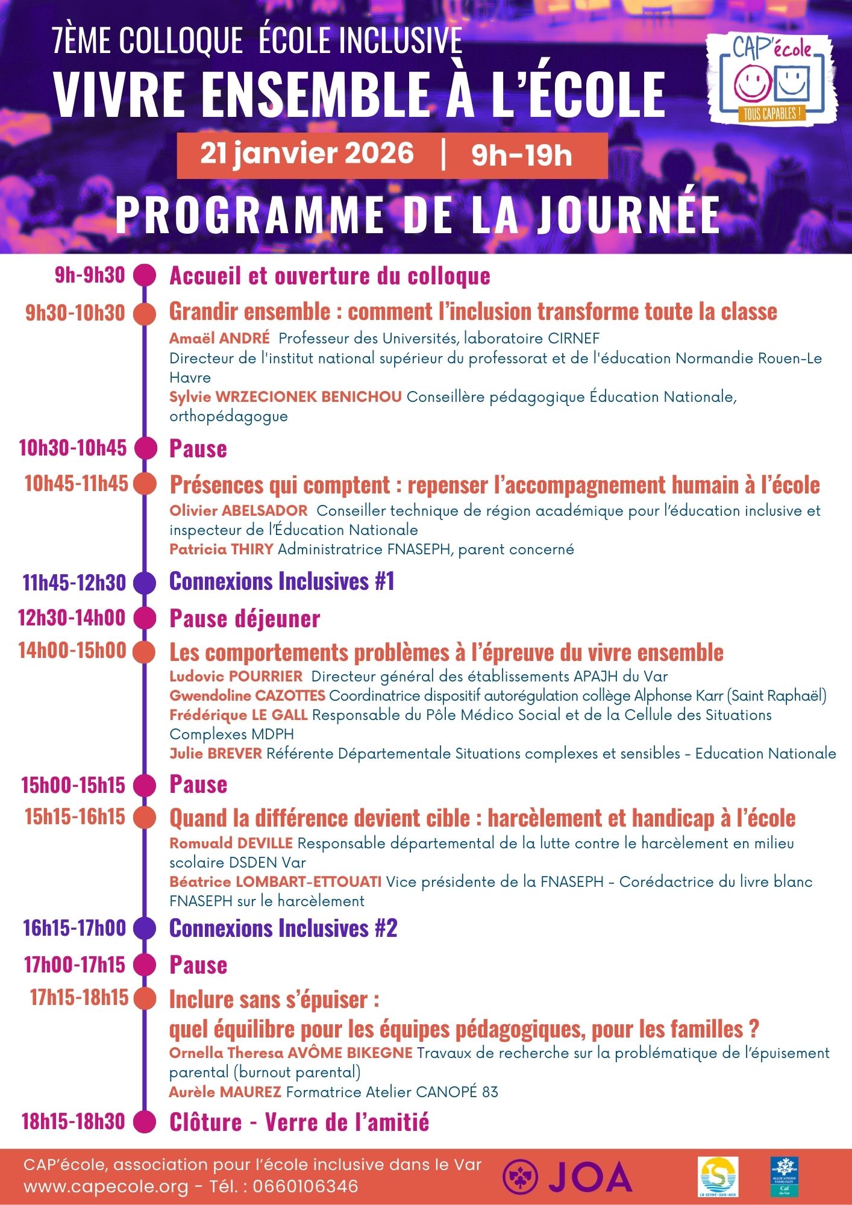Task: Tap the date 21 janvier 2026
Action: click(307, 154)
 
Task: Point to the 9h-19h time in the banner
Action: click(521, 155)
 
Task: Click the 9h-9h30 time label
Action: click(90, 275)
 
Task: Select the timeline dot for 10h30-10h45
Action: click(145, 448)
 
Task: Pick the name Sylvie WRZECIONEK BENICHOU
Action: click(285, 397)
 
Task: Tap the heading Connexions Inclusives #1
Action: click(281, 581)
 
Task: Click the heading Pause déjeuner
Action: click(245, 619)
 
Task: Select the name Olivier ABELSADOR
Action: click(239, 511)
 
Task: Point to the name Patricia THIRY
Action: click(221, 549)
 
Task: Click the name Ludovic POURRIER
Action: click(236, 677)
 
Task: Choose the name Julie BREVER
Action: click(216, 754)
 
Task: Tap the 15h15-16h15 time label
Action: click(75, 817)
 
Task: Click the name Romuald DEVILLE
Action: click(231, 843)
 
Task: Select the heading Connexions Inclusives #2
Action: click(283, 928)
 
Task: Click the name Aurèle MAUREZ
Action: click(225, 1092)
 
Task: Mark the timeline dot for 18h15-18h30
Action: click(145, 1122)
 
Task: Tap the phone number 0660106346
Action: click(305, 1187)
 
